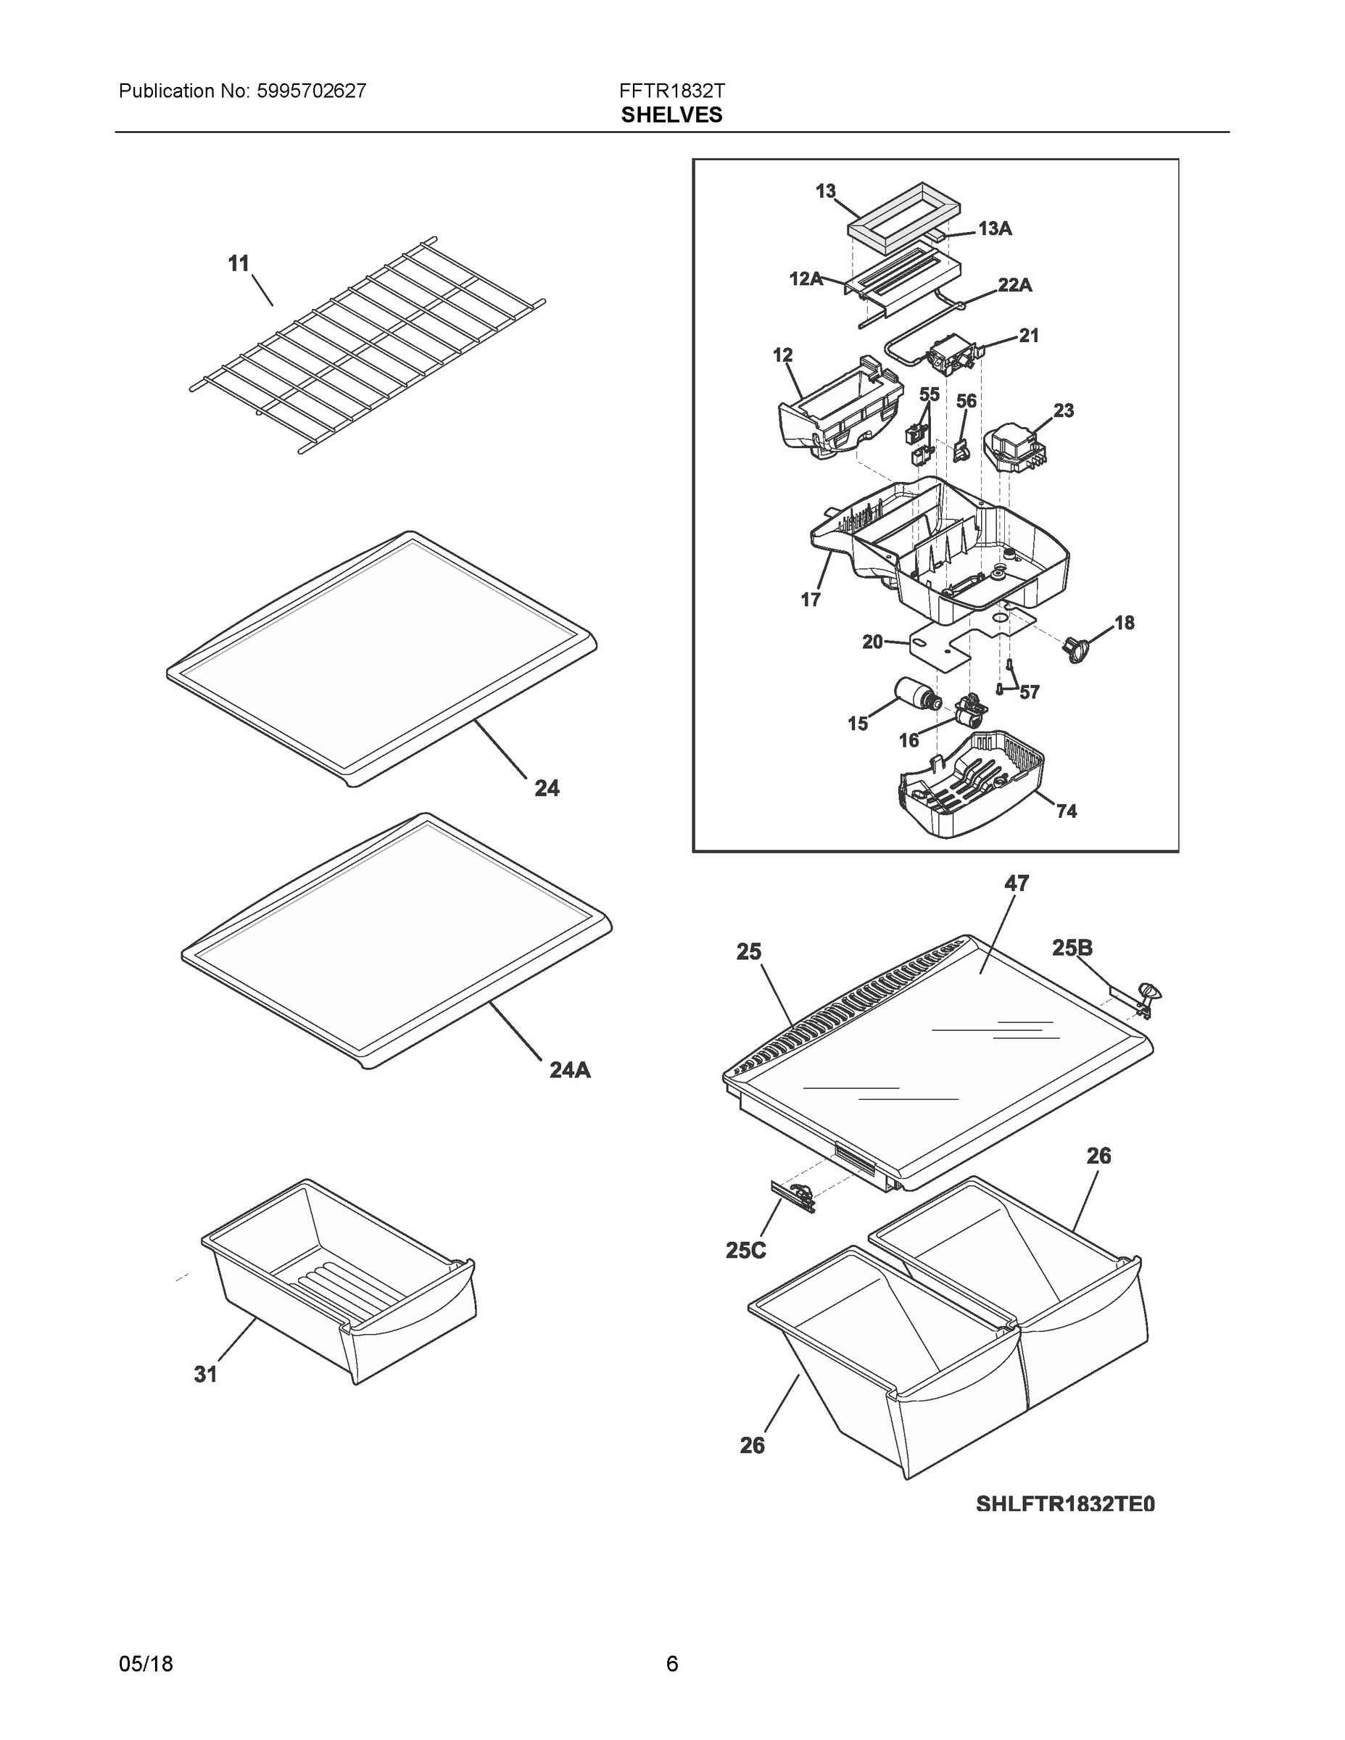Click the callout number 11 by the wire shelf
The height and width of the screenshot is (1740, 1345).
tap(239, 264)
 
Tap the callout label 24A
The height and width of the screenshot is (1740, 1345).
tap(570, 1070)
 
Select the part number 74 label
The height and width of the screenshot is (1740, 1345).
tap(1066, 811)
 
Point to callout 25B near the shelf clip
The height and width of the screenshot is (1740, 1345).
tap(1072, 948)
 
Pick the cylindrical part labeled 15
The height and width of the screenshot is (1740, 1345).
tap(919, 695)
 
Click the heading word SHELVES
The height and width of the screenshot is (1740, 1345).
tap(671, 115)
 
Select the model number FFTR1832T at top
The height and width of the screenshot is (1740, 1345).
tap(671, 91)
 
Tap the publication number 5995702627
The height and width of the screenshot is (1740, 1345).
tap(312, 91)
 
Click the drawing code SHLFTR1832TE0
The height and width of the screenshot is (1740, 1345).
tap(1064, 1504)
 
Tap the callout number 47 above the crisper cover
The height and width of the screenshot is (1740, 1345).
tap(1016, 883)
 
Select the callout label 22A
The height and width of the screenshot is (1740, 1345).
tap(1014, 284)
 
